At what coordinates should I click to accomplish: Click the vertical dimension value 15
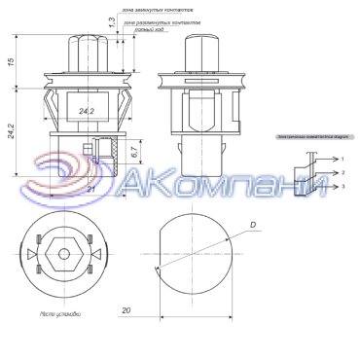[11, 60]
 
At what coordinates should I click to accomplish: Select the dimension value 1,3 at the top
[111, 20]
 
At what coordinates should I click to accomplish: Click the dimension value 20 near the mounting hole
[126, 311]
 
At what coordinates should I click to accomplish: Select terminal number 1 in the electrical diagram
[342, 157]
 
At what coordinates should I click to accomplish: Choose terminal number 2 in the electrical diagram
[342, 171]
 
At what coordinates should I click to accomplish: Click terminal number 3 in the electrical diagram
[342, 185]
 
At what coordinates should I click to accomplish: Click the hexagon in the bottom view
[63, 254]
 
